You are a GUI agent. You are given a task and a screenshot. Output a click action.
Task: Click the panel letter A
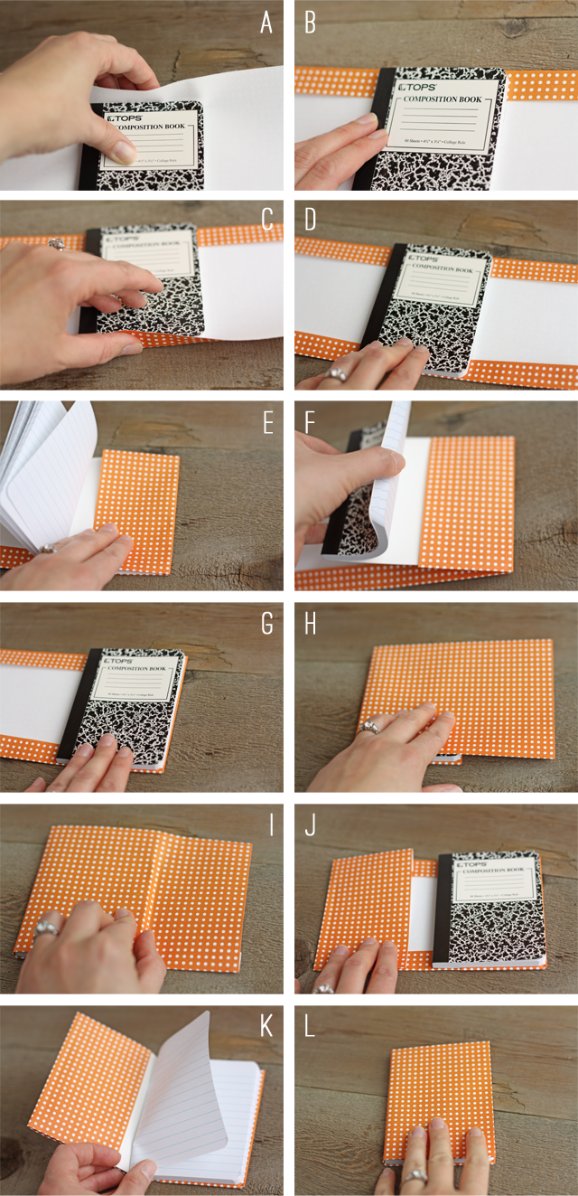click(x=266, y=22)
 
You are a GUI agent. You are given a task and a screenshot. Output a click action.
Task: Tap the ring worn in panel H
click(x=368, y=726)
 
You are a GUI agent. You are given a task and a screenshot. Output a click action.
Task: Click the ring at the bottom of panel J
click(x=323, y=988)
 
